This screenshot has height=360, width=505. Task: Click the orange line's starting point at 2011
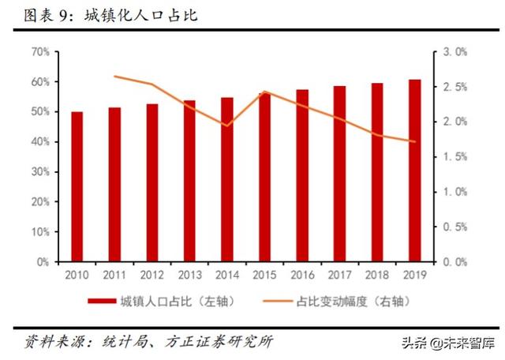point(115,77)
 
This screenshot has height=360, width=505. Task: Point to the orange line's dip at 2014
point(227,126)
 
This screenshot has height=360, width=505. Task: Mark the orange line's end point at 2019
point(414,142)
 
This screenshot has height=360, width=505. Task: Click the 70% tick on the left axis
point(40,52)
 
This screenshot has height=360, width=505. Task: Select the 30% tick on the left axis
point(40,171)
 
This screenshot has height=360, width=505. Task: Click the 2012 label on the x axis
point(152,275)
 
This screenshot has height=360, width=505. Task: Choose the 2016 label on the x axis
point(302,275)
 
